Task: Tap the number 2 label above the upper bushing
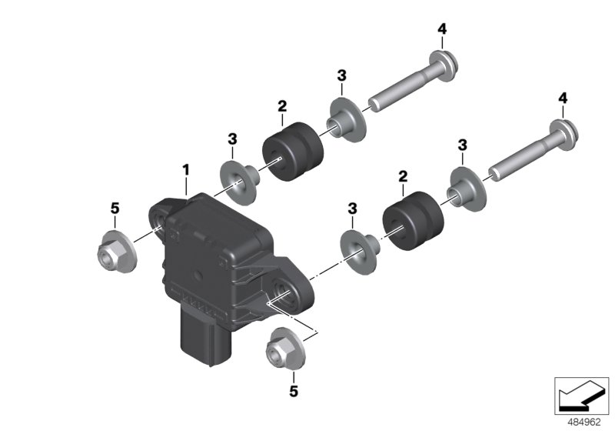tap(282, 105)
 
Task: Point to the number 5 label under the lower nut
tap(293, 393)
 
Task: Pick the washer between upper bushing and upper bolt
tap(344, 116)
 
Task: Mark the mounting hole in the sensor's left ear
tap(158, 221)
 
